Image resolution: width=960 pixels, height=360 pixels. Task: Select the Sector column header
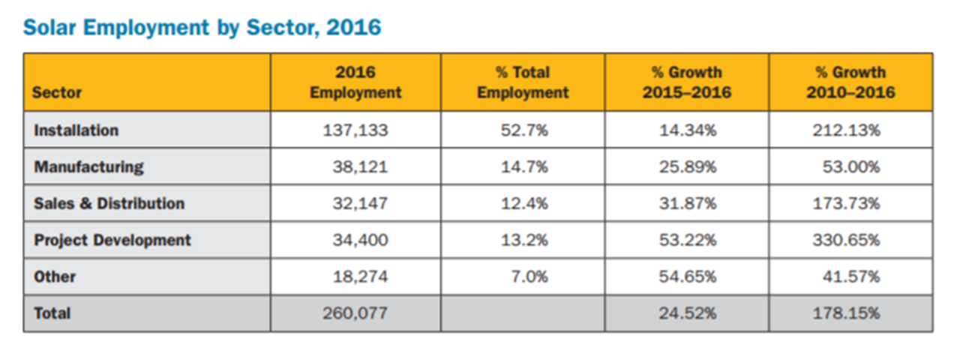(58, 93)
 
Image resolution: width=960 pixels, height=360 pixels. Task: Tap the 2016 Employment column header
(355, 82)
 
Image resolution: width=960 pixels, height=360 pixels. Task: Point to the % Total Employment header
(523, 82)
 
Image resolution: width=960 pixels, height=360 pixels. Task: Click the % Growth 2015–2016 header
(686, 82)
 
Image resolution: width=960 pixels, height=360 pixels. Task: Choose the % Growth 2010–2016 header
(850, 82)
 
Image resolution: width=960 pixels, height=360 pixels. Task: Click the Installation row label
(76, 130)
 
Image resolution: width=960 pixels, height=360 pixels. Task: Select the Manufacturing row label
(88, 166)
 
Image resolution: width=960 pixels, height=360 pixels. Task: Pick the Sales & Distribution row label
(109, 203)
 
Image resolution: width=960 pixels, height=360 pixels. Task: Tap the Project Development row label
(112, 240)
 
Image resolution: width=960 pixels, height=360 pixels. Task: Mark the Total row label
(52, 313)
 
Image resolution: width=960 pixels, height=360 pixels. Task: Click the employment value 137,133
(355, 130)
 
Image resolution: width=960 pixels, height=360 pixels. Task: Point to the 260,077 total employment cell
(355, 313)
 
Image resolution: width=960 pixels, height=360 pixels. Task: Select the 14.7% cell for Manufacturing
(524, 166)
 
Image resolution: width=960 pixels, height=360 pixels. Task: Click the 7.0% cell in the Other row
(529, 277)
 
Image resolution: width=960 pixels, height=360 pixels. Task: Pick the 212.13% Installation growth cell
(846, 130)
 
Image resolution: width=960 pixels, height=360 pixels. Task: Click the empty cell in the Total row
(523, 313)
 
